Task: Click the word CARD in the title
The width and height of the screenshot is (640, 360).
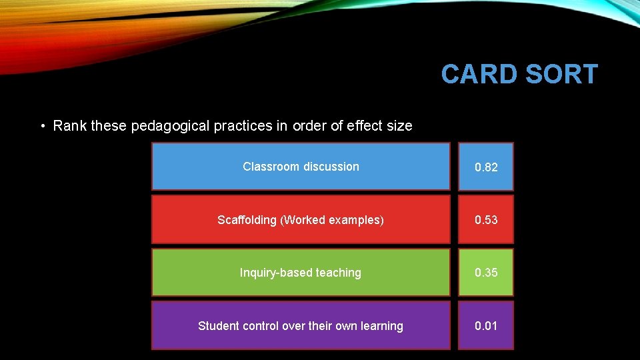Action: click(478, 75)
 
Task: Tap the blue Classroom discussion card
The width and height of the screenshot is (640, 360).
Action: click(301, 167)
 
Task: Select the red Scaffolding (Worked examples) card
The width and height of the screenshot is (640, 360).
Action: click(301, 219)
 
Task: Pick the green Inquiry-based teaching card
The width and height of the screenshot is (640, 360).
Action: click(301, 273)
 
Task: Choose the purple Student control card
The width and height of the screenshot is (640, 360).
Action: click(301, 326)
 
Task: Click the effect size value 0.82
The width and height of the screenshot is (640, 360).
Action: click(486, 167)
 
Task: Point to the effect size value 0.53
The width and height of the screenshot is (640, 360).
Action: click(486, 220)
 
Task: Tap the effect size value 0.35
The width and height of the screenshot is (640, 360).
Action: click(486, 273)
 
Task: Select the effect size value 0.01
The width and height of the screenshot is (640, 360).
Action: click(486, 326)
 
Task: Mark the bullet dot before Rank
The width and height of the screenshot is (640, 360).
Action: click(42, 126)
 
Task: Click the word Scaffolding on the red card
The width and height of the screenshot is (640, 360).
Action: click(247, 220)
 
